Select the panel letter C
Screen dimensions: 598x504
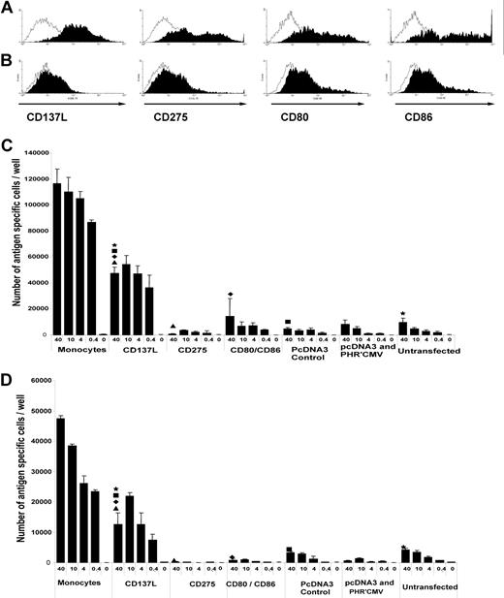(x=7, y=148)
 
